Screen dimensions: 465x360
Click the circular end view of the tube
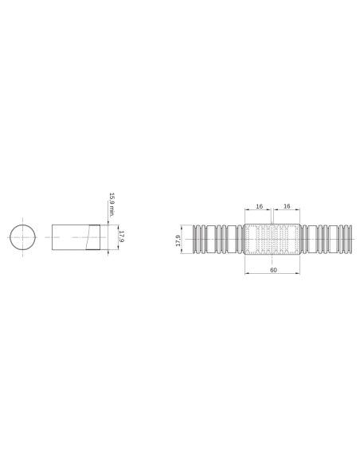[x=24, y=238]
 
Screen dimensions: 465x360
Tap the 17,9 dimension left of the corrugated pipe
[x=178, y=240]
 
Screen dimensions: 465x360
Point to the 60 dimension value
[x=272, y=271]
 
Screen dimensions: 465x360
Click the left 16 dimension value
[x=260, y=205]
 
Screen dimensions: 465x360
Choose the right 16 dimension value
[x=286, y=205]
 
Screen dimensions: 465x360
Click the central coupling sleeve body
[x=272, y=240]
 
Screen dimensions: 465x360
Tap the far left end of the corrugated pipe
[x=194, y=240]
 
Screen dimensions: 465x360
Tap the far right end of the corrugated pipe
[x=350, y=240]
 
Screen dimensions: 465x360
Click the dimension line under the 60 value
[x=272, y=275]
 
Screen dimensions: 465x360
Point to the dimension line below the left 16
[x=260, y=210]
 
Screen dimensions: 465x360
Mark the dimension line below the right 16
[x=286, y=210]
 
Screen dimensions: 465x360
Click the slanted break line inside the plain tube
[x=86, y=238]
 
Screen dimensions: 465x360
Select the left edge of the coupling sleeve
[x=245, y=240]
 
